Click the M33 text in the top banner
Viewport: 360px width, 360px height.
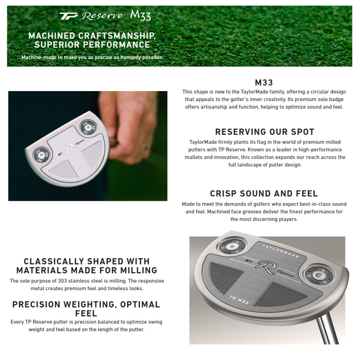[140, 15]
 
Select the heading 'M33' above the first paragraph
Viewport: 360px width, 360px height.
[264, 83]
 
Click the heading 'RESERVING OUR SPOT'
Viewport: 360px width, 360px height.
[265, 132]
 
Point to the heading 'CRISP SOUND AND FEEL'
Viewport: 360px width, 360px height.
[264, 194]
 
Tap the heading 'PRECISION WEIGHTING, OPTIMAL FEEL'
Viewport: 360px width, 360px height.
[86, 309]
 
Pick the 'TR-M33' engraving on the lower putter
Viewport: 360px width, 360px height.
[239, 300]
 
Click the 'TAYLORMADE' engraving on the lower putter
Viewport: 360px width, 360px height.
[281, 251]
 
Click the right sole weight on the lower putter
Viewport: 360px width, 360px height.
[318, 275]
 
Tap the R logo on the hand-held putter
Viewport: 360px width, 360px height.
[69, 148]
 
